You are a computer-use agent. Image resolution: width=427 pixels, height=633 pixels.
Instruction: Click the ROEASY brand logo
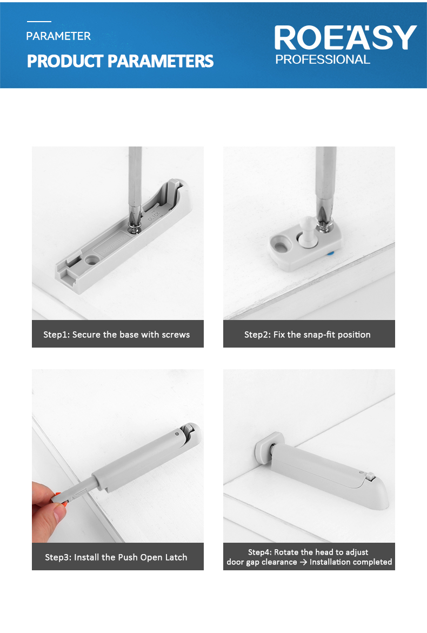[x=345, y=38]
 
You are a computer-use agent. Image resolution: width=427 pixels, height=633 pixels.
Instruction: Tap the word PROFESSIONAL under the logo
[x=323, y=60]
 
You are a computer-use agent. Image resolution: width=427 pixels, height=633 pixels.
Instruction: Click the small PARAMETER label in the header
[x=58, y=36]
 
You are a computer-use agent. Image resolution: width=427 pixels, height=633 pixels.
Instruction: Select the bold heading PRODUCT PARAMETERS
[x=121, y=62]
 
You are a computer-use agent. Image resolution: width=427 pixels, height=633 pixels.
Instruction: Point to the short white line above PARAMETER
[x=39, y=22]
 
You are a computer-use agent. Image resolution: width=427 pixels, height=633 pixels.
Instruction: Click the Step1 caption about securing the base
[x=117, y=335]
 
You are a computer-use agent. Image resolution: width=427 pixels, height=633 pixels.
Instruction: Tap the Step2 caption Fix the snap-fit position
[x=307, y=335]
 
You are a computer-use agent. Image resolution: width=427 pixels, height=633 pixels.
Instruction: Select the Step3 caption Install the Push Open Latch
[x=116, y=557]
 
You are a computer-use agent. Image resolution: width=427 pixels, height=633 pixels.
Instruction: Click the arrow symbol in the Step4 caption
[x=303, y=562]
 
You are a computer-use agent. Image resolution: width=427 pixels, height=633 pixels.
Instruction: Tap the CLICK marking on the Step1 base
[x=154, y=216]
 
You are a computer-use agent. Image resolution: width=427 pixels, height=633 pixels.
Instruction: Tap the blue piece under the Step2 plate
[x=330, y=254]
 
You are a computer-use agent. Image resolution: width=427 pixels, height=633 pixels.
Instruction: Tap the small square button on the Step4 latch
[x=369, y=476]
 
